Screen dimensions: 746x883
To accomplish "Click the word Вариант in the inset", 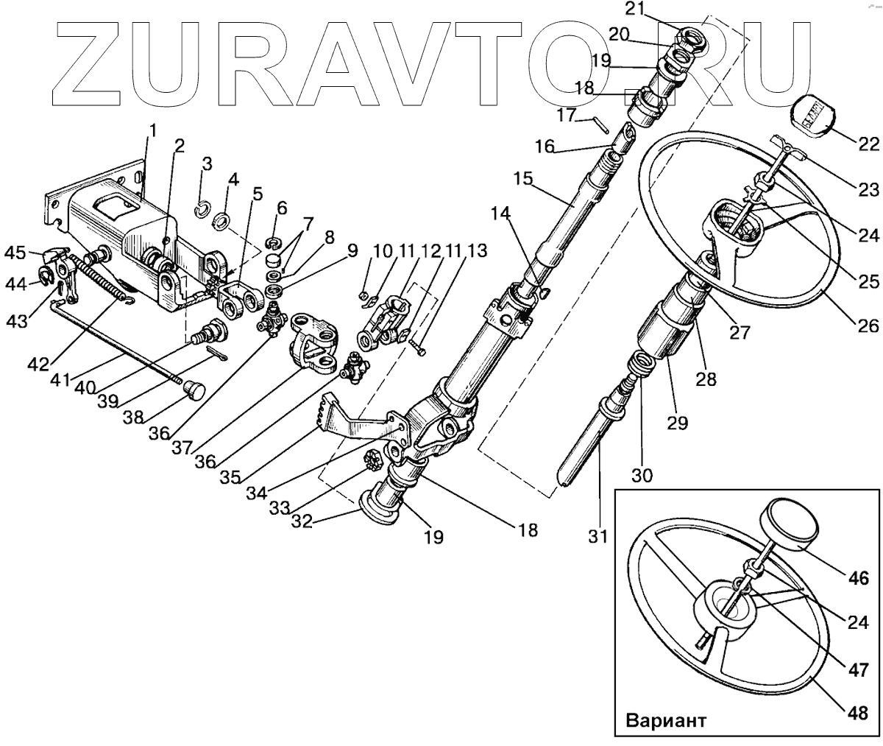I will point(666,720).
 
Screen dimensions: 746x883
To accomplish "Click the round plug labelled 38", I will point(194,388).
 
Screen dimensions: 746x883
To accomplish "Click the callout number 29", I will point(678,423).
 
